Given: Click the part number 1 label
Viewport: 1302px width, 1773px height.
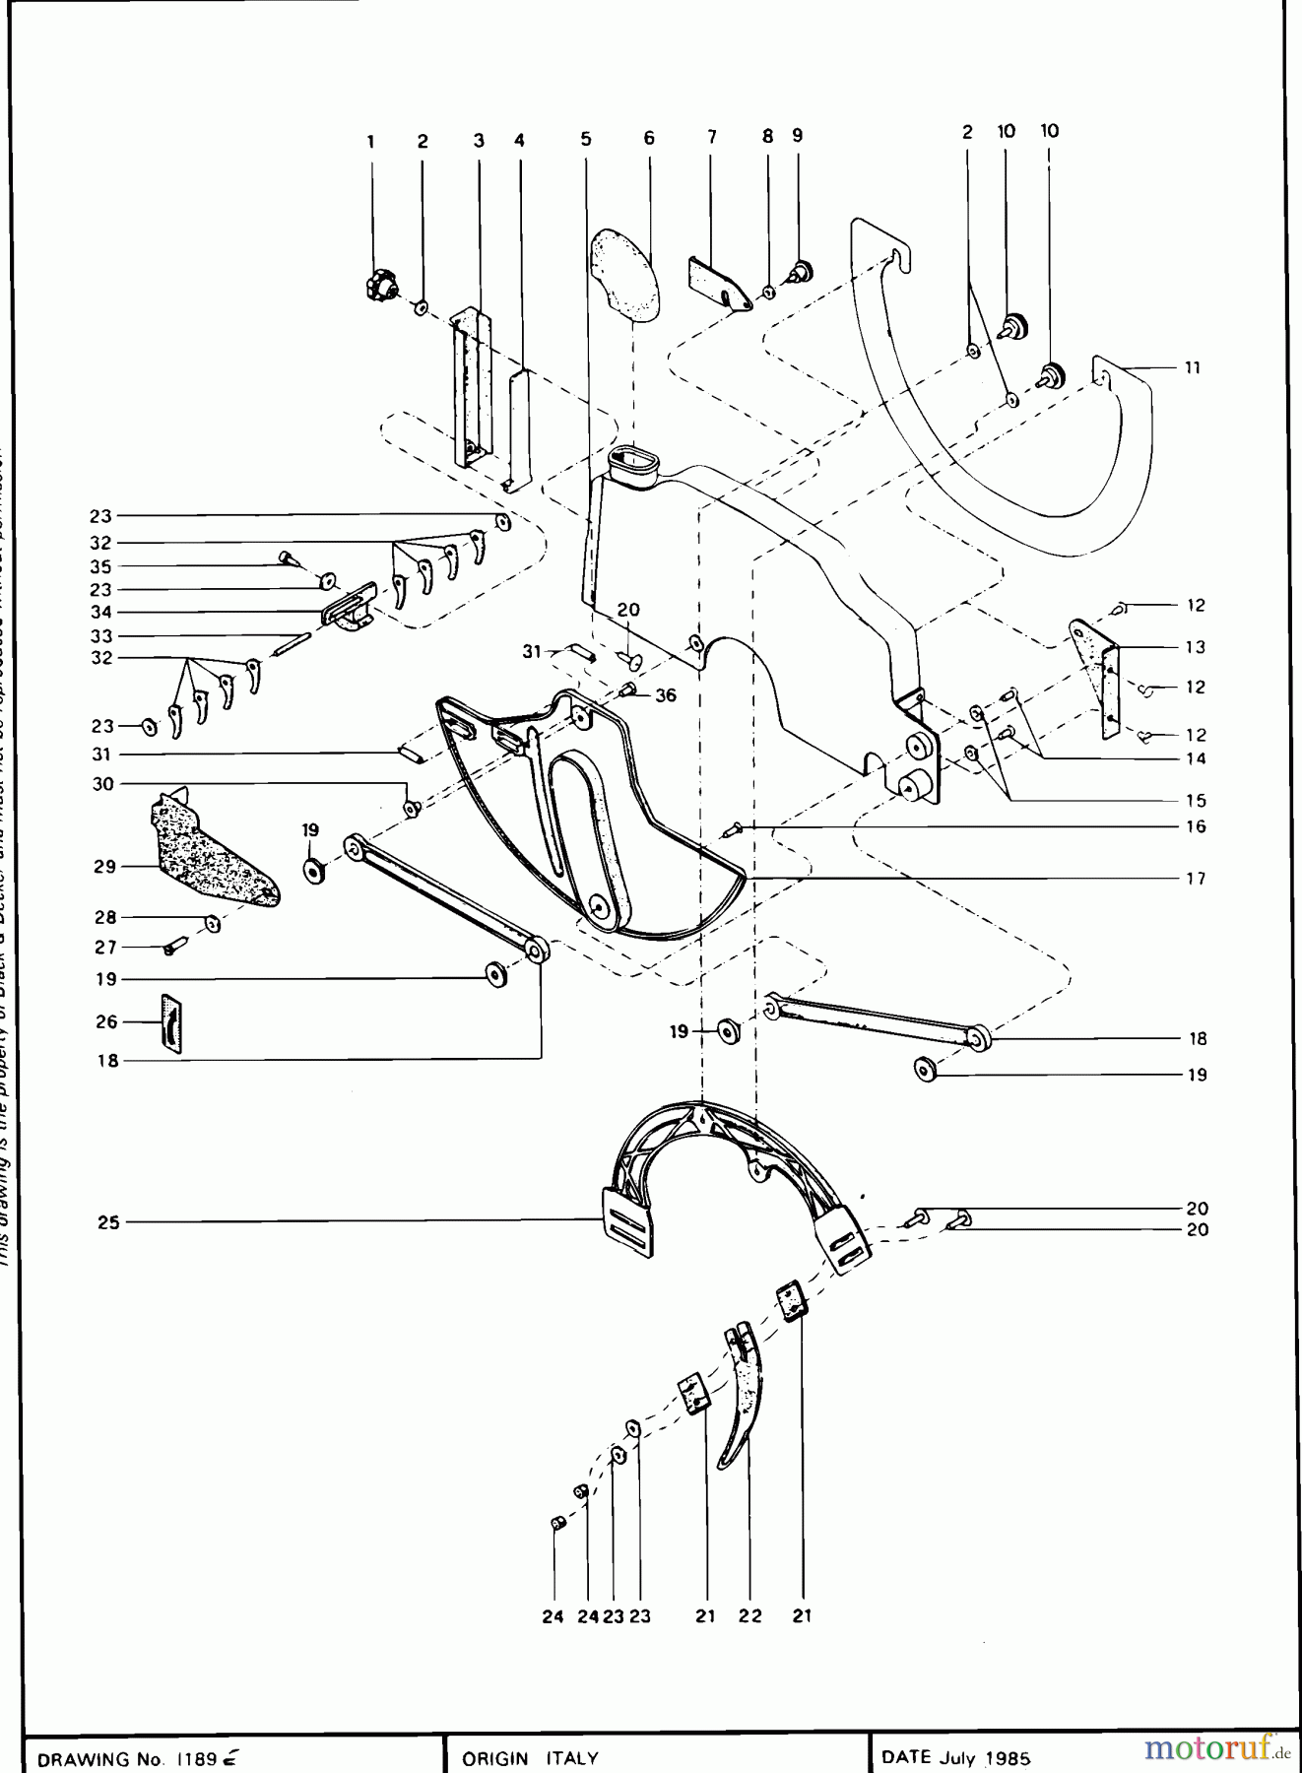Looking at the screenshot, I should pyautogui.click(x=371, y=141).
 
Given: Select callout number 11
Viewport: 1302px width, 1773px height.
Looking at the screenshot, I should pyautogui.click(x=1192, y=368).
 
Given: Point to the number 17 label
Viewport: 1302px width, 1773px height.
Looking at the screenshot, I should pyautogui.click(x=1195, y=879).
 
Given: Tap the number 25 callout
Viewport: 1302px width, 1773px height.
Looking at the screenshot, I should pyautogui.click(x=108, y=1222).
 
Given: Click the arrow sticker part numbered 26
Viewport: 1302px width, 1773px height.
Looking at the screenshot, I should pyautogui.click(x=170, y=1022).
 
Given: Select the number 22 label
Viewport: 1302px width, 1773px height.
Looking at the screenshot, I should pyautogui.click(x=750, y=1615).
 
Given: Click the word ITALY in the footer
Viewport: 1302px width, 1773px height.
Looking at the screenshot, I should pyautogui.click(x=571, y=1758).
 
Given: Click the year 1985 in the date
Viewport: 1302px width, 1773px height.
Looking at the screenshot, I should pyautogui.click(x=1011, y=1758).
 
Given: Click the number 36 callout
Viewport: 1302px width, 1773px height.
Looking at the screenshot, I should pyautogui.click(x=666, y=695).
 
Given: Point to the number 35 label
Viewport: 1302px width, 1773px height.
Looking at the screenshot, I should pyautogui.click(x=101, y=566).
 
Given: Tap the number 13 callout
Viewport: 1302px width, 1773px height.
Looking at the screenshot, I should pyautogui.click(x=1195, y=647).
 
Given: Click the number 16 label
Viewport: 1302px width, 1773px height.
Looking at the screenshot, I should pyautogui.click(x=1195, y=826).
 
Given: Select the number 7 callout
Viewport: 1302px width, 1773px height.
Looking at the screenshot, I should pyautogui.click(x=711, y=137).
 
